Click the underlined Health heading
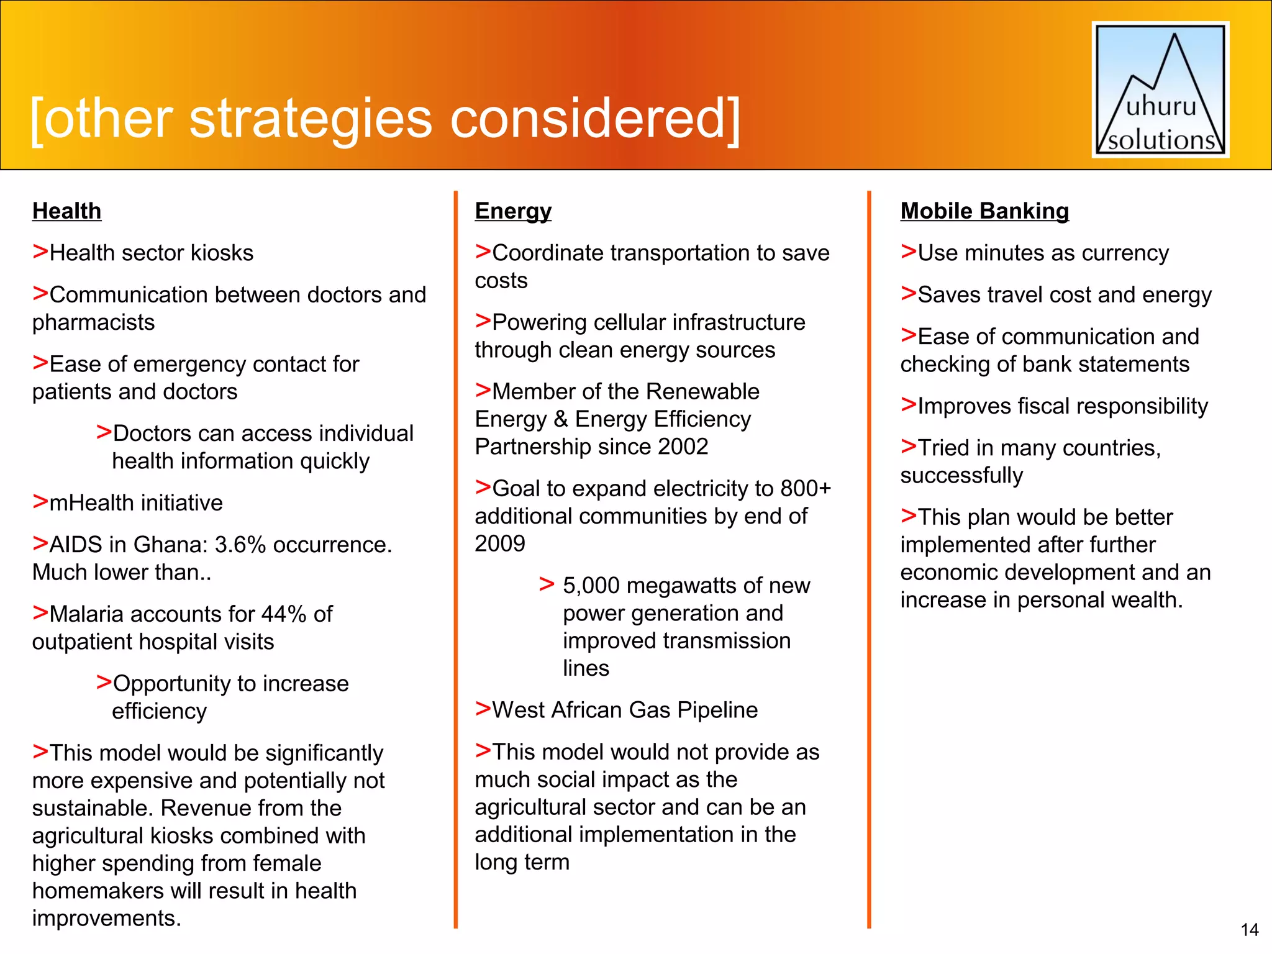click(x=66, y=211)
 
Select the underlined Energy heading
click(x=513, y=211)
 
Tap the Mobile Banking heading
click(x=984, y=211)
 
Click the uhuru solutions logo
click(x=1160, y=90)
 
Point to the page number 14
click(x=1249, y=930)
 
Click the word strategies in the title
click(x=310, y=119)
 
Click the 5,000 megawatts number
click(x=591, y=586)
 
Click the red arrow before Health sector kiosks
click(x=40, y=252)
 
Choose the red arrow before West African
click(x=483, y=708)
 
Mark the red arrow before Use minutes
click(x=909, y=252)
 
